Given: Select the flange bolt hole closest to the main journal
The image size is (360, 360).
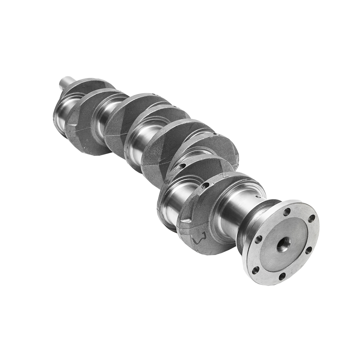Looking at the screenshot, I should [x=257, y=240].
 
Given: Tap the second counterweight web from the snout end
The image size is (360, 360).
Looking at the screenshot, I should [x=87, y=120].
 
